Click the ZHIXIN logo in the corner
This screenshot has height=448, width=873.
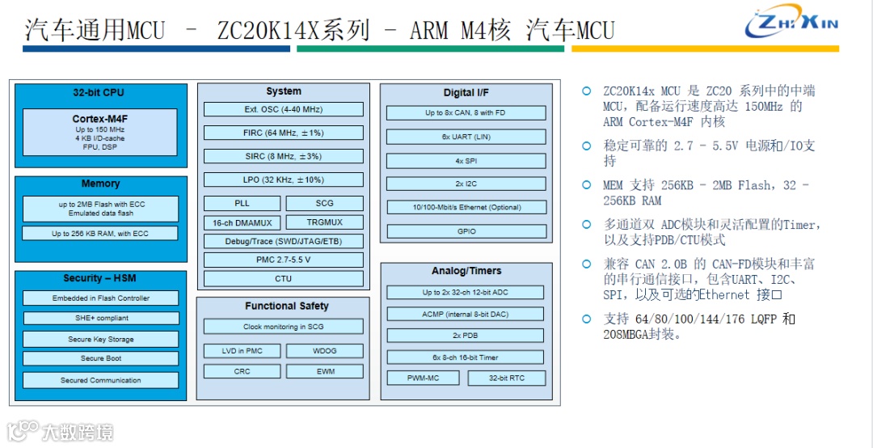[x=791, y=23]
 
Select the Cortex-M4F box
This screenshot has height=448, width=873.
[x=100, y=132]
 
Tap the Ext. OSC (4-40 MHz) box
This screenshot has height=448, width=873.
[x=283, y=109]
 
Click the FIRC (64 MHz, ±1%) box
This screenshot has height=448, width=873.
[x=283, y=133]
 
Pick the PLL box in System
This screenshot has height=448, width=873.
[x=242, y=203]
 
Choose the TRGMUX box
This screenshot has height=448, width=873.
[x=324, y=222]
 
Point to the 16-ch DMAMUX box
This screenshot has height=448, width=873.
[x=242, y=222]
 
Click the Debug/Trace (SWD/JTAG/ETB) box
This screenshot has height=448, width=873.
[x=283, y=241]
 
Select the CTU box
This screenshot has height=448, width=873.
[x=283, y=279]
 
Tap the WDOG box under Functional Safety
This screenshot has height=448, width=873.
[x=324, y=351]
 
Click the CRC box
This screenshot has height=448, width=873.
[x=242, y=371]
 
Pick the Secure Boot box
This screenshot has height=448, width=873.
[x=100, y=358]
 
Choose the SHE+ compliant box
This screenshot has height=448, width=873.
[x=100, y=318]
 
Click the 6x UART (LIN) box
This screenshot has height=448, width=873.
[x=466, y=137]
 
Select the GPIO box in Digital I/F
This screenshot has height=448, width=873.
[x=466, y=231]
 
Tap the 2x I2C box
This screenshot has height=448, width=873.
[x=466, y=184]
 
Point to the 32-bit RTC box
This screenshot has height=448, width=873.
[x=506, y=378]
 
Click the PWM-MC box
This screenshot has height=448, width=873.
[x=423, y=378]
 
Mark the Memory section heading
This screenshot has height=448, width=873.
[x=100, y=184]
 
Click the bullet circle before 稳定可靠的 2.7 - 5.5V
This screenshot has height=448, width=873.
[x=587, y=146]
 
